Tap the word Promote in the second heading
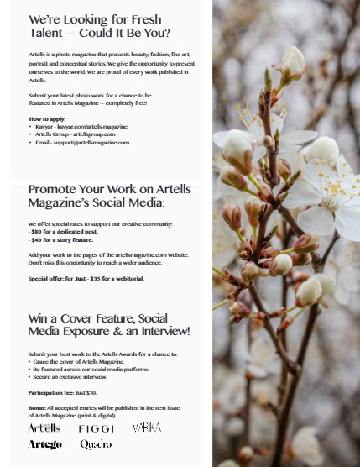(x=52, y=190)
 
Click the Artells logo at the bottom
(x=44, y=428)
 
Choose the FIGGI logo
(x=97, y=428)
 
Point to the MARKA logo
(x=146, y=428)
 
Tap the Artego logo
(x=44, y=444)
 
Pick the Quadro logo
(x=96, y=444)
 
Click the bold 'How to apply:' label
(x=48, y=119)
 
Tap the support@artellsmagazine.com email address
(x=92, y=142)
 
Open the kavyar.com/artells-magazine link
(x=93, y=127)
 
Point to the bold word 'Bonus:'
(x=37, y=407)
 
